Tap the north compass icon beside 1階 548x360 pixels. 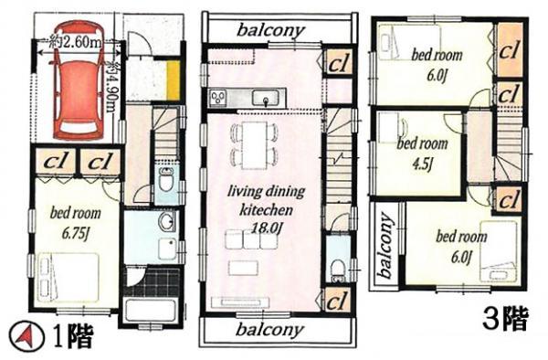pos(27,335)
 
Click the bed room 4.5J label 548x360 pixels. pos(421,151)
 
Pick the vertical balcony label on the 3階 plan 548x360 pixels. pos(384,246)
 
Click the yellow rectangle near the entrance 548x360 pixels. pos(171,82)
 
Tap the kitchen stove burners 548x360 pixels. pos(219,97)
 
